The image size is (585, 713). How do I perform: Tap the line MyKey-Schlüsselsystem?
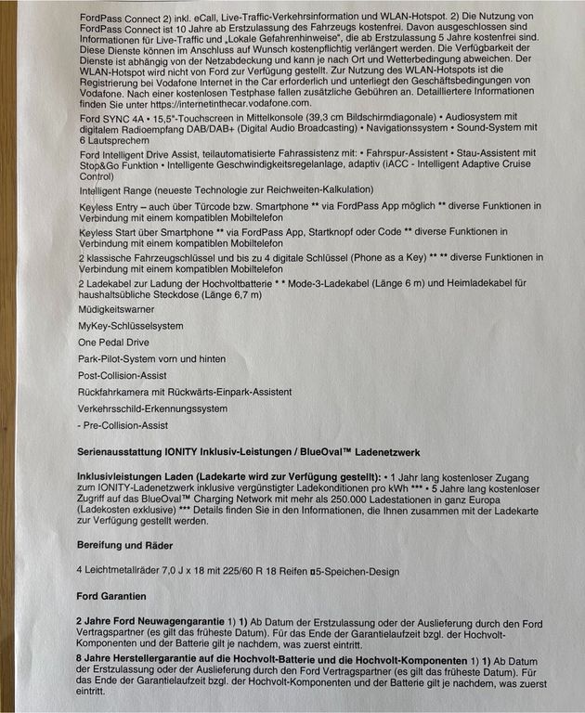coord(131,326)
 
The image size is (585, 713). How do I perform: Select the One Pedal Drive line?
coord(115,343)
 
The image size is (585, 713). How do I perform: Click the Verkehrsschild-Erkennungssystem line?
coord(153,408)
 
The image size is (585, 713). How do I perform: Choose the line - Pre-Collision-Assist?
coord(123,425)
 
